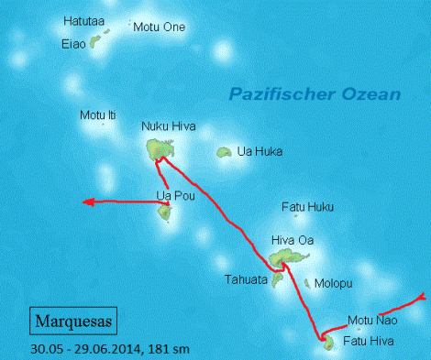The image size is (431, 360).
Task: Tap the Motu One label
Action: [x=159, y=27]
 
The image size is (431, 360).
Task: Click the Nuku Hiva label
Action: [x=169, y=127]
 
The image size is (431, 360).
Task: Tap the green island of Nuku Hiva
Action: [x=160, y=148]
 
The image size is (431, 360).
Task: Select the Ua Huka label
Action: [x=260, y=151]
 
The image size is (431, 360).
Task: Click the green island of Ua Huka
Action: [x=223, y=153]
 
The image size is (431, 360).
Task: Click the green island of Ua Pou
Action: [x=164, y=213]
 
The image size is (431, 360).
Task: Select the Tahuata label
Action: [x=246, y=279]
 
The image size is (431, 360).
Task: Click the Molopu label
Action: [x=333, y=284]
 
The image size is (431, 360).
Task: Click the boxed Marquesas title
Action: [x=72, y=322]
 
